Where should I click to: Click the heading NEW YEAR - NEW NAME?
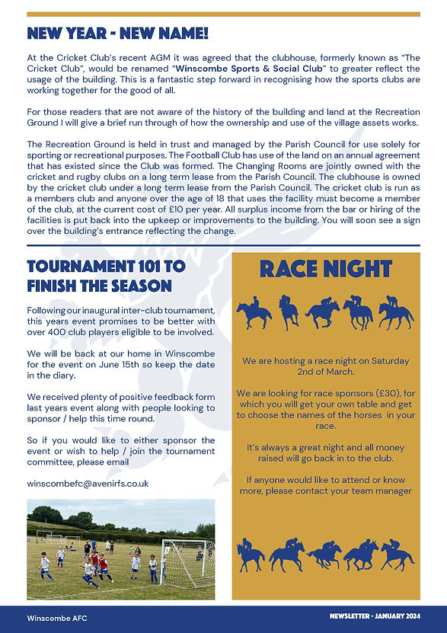[117, 34]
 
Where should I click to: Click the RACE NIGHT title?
[326, 269]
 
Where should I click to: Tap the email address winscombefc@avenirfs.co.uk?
[88, 483]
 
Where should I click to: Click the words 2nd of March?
[326, 372]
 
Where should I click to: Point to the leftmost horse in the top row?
[253, 312]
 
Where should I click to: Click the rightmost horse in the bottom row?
[397, 555]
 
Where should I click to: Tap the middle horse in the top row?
[323, 312]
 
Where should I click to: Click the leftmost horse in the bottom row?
[251, 555]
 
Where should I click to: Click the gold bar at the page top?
[223, 14]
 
